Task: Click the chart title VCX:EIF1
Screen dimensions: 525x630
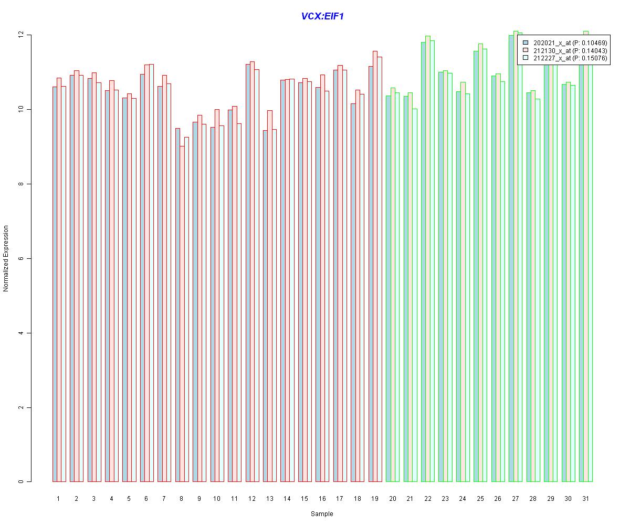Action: coord(322,17)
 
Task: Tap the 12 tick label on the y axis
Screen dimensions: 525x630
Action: coord(21,35)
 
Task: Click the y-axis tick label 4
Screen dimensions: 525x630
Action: coord(21,333)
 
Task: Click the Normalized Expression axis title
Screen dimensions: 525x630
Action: coord(6,258)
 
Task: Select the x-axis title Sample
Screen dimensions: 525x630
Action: coord(322,514)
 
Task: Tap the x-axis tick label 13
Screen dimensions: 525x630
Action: coord(269,498)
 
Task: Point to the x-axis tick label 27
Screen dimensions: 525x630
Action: coord(516,498)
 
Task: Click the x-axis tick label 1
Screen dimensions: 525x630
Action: coord(58,498)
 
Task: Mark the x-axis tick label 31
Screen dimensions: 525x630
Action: coord(585,498)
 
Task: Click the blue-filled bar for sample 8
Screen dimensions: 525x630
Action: coord(177,304)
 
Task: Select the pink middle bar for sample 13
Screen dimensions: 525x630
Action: coord(270,296)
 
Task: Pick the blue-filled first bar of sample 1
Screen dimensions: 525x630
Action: coord(55,284)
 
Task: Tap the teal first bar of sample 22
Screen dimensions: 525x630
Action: coord(423,262)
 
